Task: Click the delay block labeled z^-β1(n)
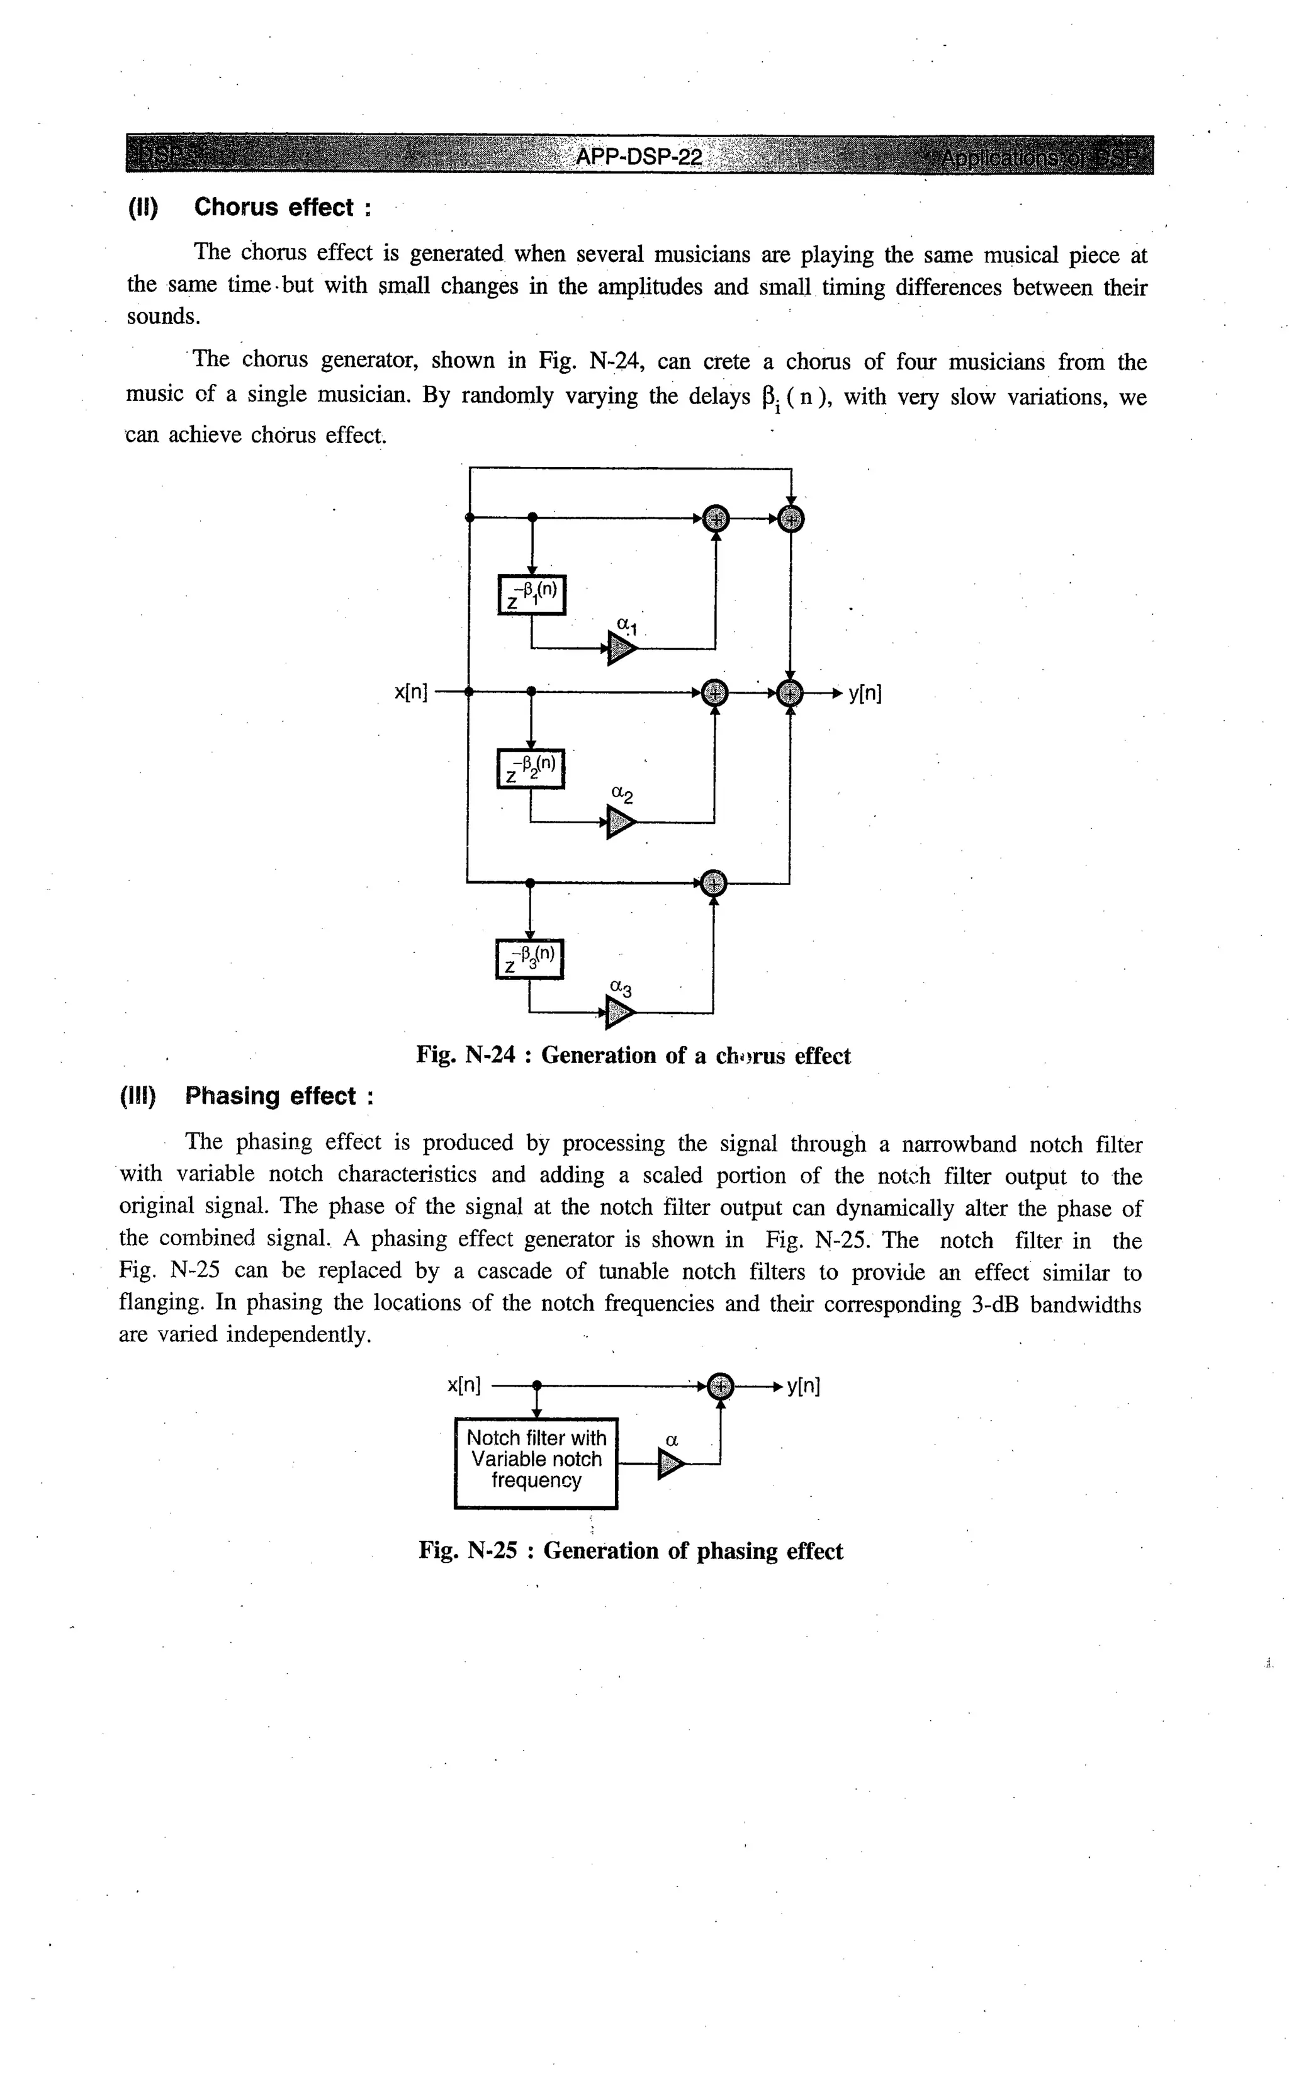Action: [x=531, y=594]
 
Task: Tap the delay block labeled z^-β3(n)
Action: [x=529, y=959]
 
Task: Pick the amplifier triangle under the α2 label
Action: [x=621, y=823]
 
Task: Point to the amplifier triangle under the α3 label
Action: [x=620, y=1013]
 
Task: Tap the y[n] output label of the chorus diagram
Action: [x=864, y=693]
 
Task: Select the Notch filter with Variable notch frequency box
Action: [x=536, y=1463]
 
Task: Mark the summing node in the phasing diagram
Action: [x=721, y=1386]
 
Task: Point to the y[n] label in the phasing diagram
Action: [x=803, y=1386]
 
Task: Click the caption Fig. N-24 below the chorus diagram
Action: [x=633, y=1056]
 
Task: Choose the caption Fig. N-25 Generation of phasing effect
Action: [x=631, y=1550]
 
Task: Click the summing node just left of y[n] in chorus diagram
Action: [x=791, y=693]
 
